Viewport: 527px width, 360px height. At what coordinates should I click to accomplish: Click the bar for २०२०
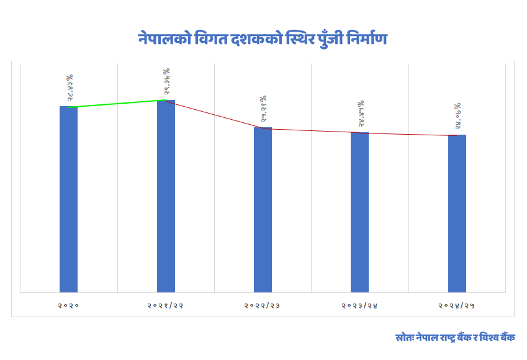(68, 199)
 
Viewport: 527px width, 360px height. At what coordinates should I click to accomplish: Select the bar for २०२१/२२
(166, 196)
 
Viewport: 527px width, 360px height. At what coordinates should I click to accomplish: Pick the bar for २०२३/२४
(359, 212)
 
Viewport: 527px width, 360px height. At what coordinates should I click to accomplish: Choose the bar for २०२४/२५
(457, 213)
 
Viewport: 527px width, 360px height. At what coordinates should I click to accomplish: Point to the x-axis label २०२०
(68, 305)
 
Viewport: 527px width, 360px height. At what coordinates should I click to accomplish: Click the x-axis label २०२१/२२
(166, 305)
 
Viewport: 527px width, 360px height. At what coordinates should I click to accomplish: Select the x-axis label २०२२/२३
(263, 305)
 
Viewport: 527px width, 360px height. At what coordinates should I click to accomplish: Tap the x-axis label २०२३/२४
(359, 305)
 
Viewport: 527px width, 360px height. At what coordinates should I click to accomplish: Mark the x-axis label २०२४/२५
(457, 305)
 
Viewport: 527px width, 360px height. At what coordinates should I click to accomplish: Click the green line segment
(117, 104)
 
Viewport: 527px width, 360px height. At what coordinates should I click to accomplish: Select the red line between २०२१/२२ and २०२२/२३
(214, 115)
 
